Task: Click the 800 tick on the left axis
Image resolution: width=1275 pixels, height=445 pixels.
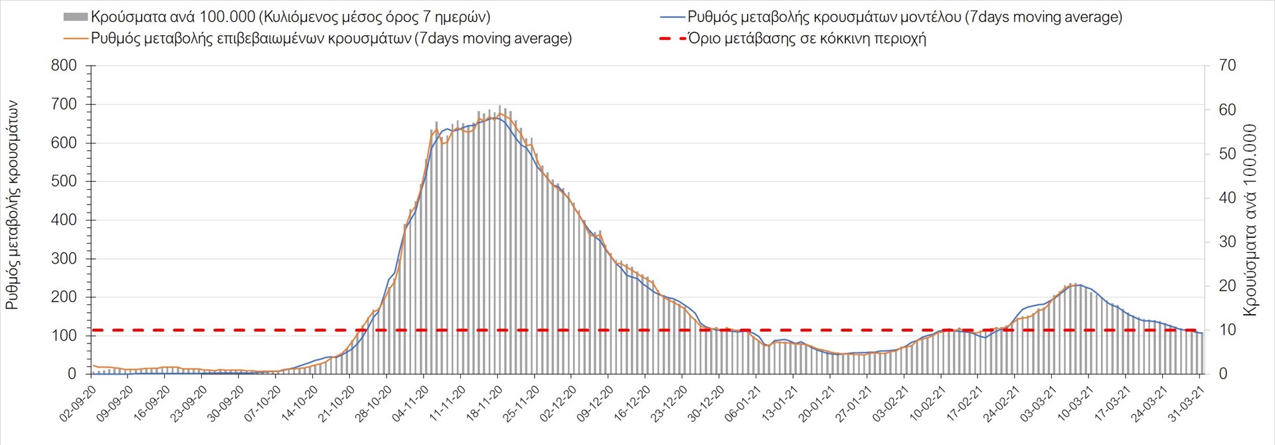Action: pyautogui.click(x=64, y=66)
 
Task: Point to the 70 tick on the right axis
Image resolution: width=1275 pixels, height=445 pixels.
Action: pyautogui.click(x=1227, y=66)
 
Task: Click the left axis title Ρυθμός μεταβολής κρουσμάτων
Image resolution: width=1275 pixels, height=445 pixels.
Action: pyautogui.click(x=13, y=205)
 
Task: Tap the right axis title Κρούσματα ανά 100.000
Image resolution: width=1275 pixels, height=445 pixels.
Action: pyautogui.click(x=1250, y=220)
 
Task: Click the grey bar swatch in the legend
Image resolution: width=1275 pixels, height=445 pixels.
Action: pyautogui.click(x=75, y=17)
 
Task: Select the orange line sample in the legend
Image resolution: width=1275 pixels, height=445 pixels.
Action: pyautogui.click(x=75, y=39)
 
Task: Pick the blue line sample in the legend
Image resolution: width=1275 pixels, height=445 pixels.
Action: pyautogui.click(x=671, y=17)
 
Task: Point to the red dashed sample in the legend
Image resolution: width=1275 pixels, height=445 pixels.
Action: pyautogui.click(x=671, y=39)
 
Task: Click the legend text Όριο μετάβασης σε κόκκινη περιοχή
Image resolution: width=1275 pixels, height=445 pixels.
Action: pyautogui.click(x=807, y=39)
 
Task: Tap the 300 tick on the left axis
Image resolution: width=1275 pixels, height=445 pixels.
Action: pyautogui.click(x=64, y=258)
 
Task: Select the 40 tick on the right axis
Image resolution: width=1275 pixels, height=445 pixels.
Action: pyautogui.click(x=1227, y=198)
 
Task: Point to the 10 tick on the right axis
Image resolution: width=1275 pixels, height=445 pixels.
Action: pyautogui.click(x=1227, y=330)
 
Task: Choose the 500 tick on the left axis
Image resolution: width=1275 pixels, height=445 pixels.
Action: pyautogui.click(x=64, y=181)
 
